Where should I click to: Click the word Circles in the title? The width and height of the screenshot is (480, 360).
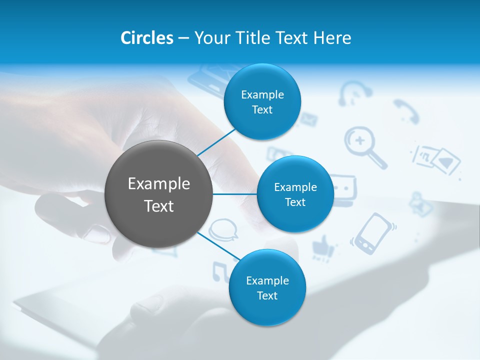146,38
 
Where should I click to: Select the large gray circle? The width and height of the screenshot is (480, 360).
159,194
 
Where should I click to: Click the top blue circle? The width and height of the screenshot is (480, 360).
262,101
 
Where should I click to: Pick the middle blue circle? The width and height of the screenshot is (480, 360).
295,194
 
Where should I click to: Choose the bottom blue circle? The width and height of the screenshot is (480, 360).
267,287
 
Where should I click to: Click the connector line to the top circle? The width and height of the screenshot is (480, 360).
216,141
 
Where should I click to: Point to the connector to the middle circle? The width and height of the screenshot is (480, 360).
235,194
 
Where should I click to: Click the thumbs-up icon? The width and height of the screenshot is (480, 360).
323,246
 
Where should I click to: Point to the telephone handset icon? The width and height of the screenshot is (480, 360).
405,111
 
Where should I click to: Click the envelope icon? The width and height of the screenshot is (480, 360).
308,119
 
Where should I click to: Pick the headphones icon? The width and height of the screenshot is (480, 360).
354,93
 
